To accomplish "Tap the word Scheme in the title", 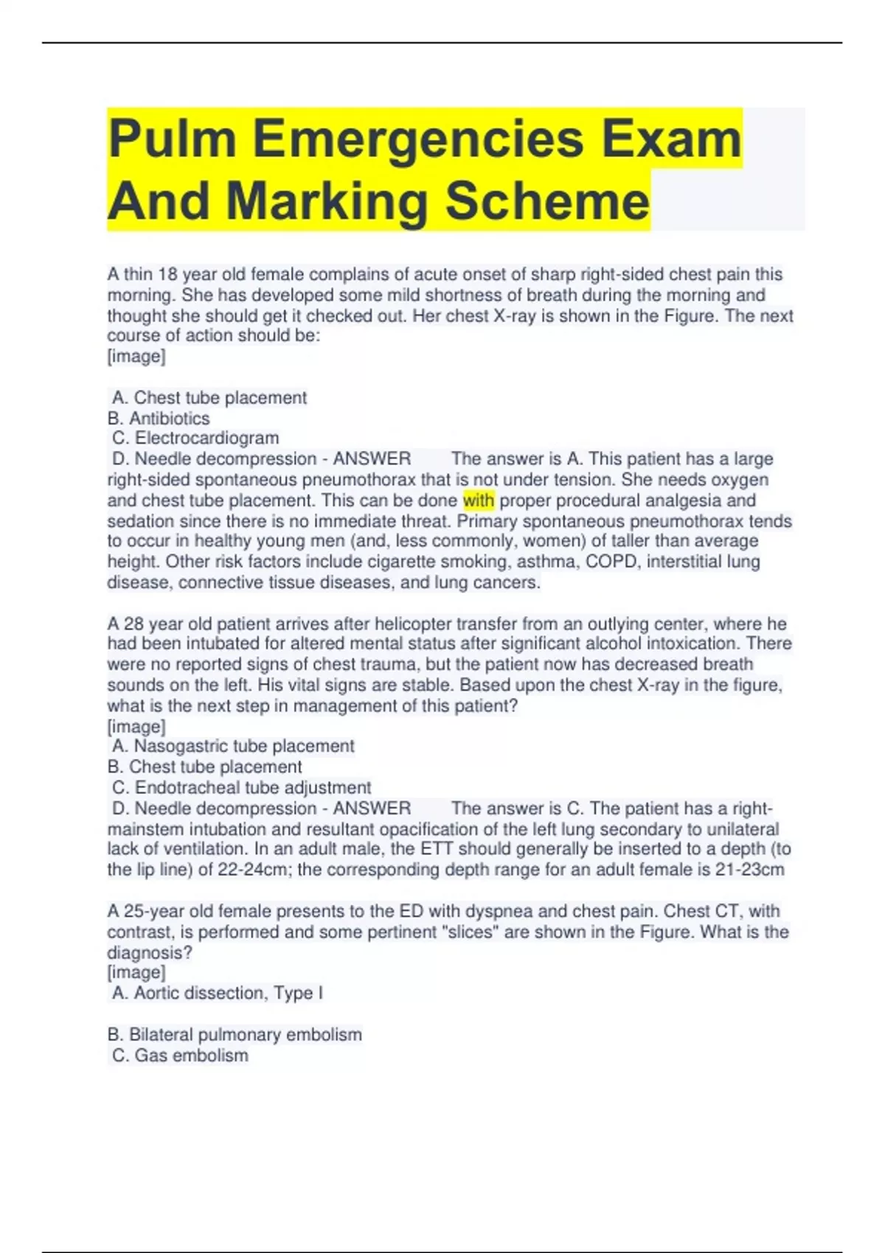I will [547, 201].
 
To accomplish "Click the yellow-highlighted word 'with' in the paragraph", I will [479, 500].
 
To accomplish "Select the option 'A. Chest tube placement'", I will [209, 398].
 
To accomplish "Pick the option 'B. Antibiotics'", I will [159, 419].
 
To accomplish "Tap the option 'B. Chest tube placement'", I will [205, 767].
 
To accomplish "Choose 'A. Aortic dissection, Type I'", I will [218, 993].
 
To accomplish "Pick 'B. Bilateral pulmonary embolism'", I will [235, 1034].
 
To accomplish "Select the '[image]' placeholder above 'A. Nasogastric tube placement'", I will [136, 727].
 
